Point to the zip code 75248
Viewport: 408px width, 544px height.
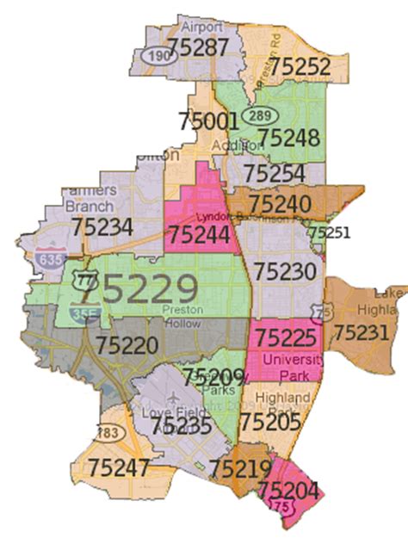(289, 137)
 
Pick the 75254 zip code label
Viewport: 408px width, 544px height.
(274, 175)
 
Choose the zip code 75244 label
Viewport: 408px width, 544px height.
(199, 235)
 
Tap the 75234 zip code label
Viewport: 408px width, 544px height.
(102, 227)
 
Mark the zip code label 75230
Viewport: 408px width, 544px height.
(285, 272)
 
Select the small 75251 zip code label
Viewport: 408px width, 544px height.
(330, 232)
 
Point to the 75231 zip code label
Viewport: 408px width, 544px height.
(362, 331)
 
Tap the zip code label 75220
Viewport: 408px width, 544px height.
(127, 346)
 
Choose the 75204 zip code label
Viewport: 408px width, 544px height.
(289, 491)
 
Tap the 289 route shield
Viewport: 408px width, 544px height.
(257, 115)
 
